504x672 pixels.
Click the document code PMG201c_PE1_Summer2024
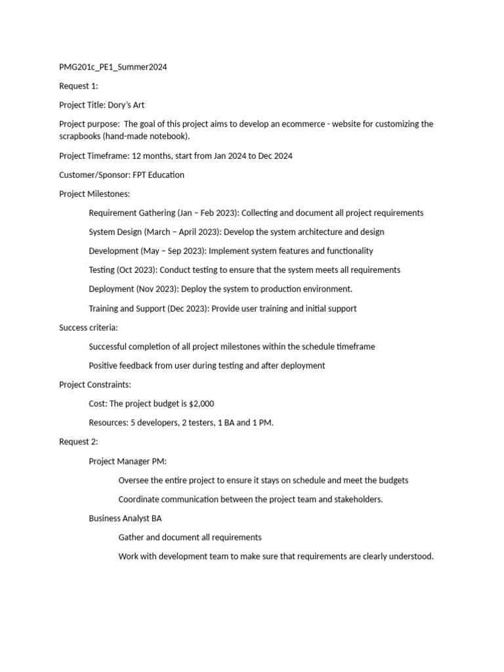pyautogui.click(x=113, y=67)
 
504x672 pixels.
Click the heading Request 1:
pyautogui.click(x=78, y=86)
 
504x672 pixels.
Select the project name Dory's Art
pyautogui.click(x=126, y=105)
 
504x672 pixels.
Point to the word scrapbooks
pyautogui.click(x=83, y=136)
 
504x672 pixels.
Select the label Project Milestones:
pyautogui.click(x=94, y=194)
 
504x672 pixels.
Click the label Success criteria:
pyautogui.click(x=89, y=327)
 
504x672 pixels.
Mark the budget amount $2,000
pyautogui.click(x=201, y=404)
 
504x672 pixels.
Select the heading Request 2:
pyautogui.click(x=79, y=442)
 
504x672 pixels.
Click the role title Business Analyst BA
pyautogui.click(x=125, y=518)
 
